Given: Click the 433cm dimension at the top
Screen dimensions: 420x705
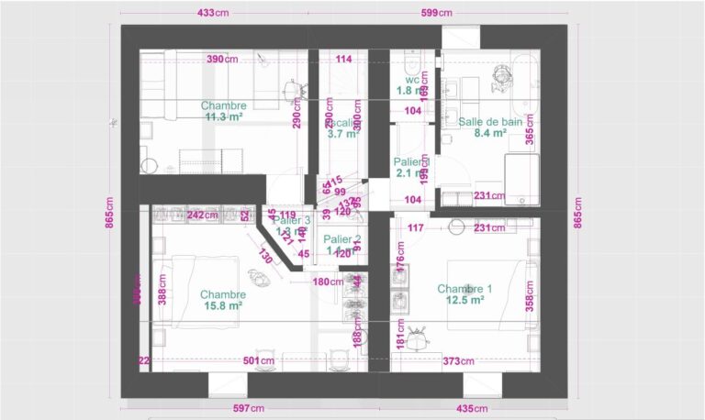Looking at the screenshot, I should pyautogui.click(x=214, y=13).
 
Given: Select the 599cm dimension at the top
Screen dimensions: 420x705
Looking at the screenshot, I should pyautogui.click(x=436, y=13).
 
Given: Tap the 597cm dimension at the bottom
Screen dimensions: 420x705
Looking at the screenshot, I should pyautogui.click(x=247, y=408).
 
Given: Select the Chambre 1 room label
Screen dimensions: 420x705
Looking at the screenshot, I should pyautogui.click(x=464, y=289).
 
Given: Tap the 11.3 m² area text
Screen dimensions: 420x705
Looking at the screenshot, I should pyautogui.click(x=223, y=117).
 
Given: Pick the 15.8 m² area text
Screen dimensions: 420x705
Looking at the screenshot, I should pyautogui.click(x=222, y=306).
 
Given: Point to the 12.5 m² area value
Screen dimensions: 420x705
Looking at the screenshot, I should pyautogui.click(x=464, y=301).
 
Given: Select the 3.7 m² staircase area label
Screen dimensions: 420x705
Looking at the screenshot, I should pyautogui.click(x=342, y=133).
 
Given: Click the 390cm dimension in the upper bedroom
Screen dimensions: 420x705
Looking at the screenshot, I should pyautogui.click(x=221, y=60).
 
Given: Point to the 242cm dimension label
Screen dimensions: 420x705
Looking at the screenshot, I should pyautogui.click(x=202, y=216).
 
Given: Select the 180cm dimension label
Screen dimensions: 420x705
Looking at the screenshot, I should pyautogui.click(x=327, y=282).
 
